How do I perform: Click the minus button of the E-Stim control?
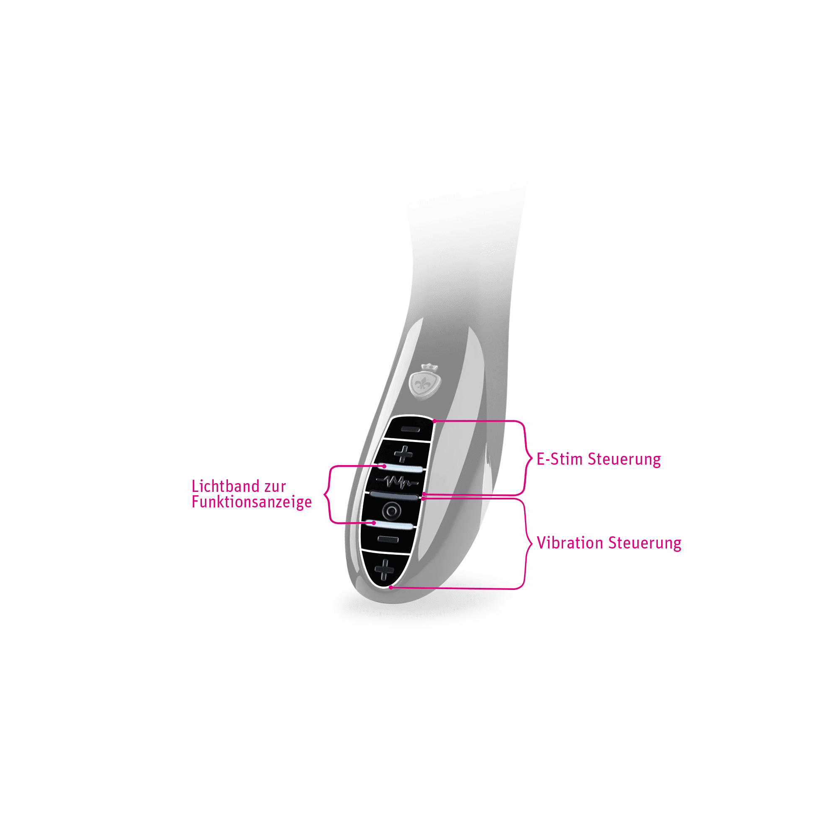pos(410,429)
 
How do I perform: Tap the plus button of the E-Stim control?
pos(403,454)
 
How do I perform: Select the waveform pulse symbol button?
pos(397,481)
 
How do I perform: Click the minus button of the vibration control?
pos(388,540)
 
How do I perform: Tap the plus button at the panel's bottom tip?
pos(384,569)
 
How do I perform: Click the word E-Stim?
pos(559,459)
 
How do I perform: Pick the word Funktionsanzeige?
pos(251,502)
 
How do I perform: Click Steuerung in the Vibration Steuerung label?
pos(644,543)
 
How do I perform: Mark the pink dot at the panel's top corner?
pos(435,421)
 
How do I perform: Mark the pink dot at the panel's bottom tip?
pos(391,588)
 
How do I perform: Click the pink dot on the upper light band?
pos(384,466)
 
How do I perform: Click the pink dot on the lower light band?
pos(374,523)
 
